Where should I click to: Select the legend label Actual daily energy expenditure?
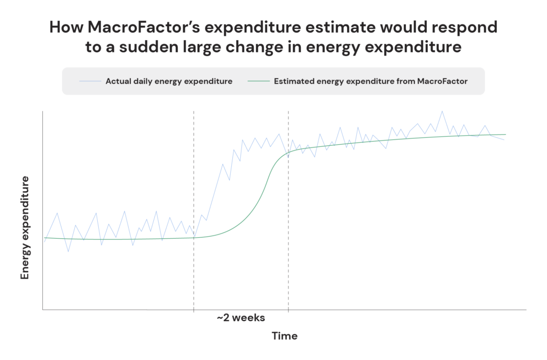click(169, 81)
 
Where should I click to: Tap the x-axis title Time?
click(285, 336)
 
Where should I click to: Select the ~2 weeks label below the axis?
click(240, 318)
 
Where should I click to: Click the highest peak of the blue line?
click(442, 111)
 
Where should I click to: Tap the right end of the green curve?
click(505, 135)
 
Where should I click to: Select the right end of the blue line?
click(504, 139)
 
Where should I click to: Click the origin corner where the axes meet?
click(43, 309)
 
